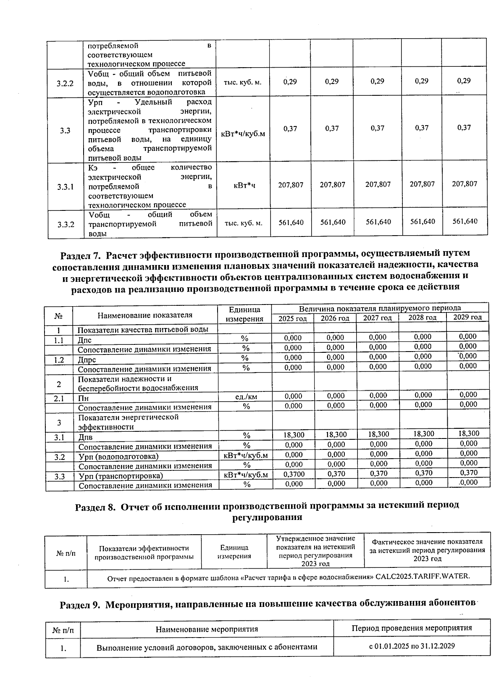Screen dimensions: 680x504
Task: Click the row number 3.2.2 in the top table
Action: tap(65, 83)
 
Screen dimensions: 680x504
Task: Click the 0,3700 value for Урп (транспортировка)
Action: tap(294, 474)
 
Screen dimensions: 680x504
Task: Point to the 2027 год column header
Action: tap(377, 318)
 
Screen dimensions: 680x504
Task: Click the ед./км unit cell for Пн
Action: tap(246, 396)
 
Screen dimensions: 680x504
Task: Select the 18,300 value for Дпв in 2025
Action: tap(294, 435)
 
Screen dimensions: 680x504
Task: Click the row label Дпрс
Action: tap(87, 360)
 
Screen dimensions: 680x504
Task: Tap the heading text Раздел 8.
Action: tap(95, 506)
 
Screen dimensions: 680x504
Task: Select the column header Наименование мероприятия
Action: tap(207, 629)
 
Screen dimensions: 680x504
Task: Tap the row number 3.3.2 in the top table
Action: tap(65, 224)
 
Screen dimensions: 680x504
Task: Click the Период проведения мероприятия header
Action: tap(412, 628)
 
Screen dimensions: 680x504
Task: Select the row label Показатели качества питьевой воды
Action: tap(143, 330)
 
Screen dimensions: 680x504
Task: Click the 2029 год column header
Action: tap(467, 317)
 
